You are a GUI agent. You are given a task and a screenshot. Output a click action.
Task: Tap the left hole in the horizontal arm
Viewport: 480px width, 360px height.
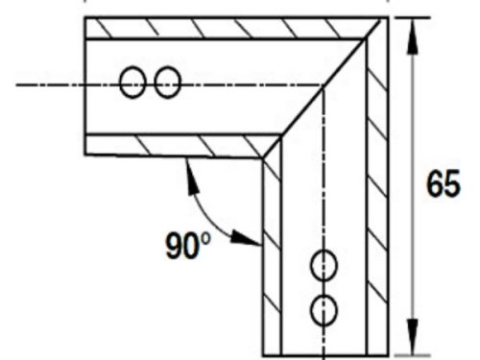pos(132,84)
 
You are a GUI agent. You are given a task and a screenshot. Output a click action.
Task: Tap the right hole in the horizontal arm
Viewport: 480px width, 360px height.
pos(167,84)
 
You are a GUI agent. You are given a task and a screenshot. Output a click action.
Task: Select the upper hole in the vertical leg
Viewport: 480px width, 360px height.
pos(325,264)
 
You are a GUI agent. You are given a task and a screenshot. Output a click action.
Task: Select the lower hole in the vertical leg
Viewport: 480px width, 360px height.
pos(325,309)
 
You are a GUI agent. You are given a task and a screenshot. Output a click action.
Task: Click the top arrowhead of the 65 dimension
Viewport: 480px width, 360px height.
pos(413,29)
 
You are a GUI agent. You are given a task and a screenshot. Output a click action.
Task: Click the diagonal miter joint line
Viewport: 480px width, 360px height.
pos(317,91)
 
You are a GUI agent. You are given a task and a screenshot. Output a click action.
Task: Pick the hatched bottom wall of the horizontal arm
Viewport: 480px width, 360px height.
pos(173,145)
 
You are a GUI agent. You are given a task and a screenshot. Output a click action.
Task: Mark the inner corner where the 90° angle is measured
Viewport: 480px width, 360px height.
pos(262,157)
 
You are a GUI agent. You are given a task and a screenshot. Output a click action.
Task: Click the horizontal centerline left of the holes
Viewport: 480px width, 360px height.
pos(58,84)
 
